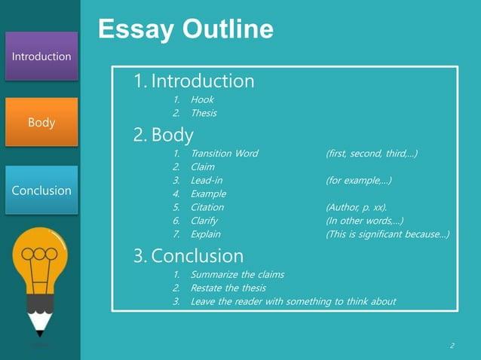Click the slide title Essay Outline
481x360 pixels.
coord(185,29)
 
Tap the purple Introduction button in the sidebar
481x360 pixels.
coord(41,56)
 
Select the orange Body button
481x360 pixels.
coord(41,122)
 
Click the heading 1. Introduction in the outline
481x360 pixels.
coord(194,81)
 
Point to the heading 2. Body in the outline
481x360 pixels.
coord(164,135)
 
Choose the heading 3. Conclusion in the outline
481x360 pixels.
coord(188,255)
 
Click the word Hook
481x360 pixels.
coord(202,99)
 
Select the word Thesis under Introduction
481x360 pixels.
coord(204,113)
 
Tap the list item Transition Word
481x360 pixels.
coord(224,153)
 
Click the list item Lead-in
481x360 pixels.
coord(206,180)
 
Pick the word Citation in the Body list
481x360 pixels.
coord(207,207)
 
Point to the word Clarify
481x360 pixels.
coord(204,221)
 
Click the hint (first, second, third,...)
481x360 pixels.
coord(372,153)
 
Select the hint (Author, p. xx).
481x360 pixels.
coord(357,207)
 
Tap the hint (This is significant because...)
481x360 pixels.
coord(388,234)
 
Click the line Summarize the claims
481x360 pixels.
coord(237,274)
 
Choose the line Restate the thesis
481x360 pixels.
coord(228,288)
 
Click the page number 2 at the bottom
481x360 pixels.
coord(452,346)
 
